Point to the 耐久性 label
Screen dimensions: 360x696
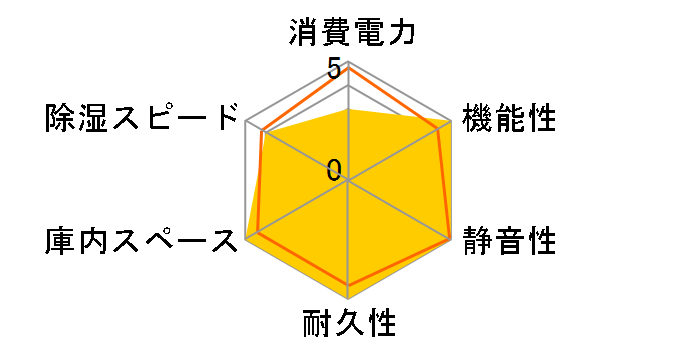349,325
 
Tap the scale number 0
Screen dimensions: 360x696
334,169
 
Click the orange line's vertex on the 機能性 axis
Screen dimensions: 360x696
441,127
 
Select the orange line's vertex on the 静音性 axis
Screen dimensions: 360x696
447,238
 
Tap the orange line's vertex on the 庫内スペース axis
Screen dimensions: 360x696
259,232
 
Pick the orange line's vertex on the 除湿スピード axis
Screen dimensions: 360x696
262,131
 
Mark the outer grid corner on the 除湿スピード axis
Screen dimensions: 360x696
247,122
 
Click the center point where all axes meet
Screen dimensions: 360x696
348,181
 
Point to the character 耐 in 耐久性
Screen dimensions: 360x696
317,325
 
